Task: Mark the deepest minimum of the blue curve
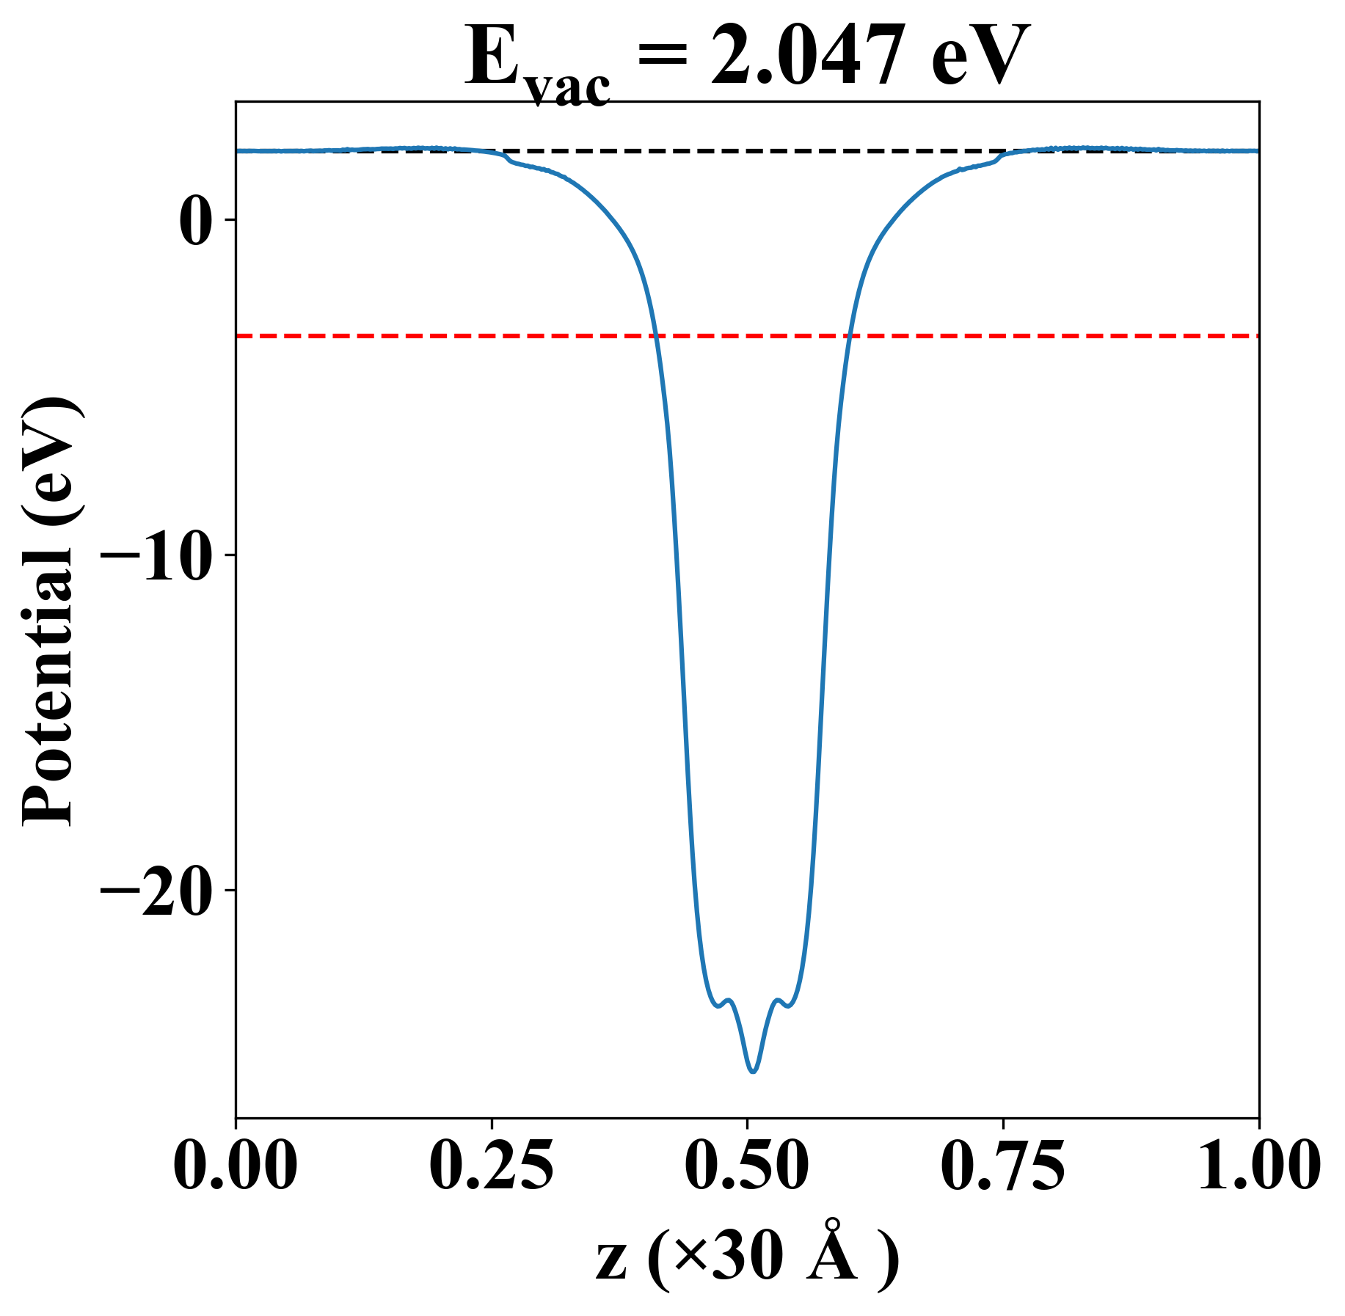(753, 1072)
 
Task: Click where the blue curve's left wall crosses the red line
(657, 336)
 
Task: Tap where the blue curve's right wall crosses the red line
(848, 336)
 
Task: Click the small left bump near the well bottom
(728, 1000)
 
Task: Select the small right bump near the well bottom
(778, 1000)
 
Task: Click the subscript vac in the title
(569, 89)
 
